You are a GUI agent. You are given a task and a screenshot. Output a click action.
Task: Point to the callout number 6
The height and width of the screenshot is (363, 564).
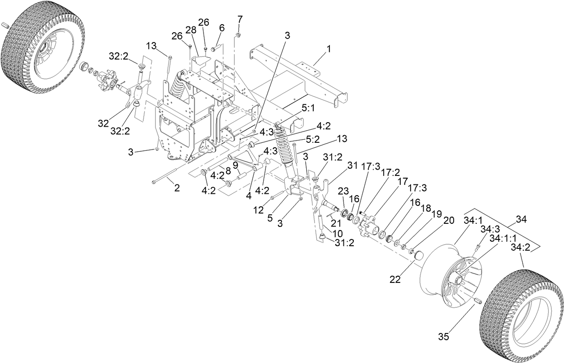tap(221, 27)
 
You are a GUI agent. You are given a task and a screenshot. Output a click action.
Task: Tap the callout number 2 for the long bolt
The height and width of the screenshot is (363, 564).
tap(177, 188)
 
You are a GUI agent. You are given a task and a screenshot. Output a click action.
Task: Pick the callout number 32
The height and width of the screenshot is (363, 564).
tap(104, 123)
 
